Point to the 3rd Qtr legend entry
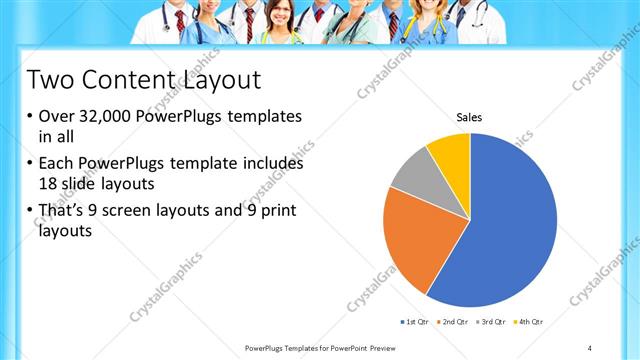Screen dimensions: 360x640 (493, 321)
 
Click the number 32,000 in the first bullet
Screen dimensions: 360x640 (105, 116)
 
